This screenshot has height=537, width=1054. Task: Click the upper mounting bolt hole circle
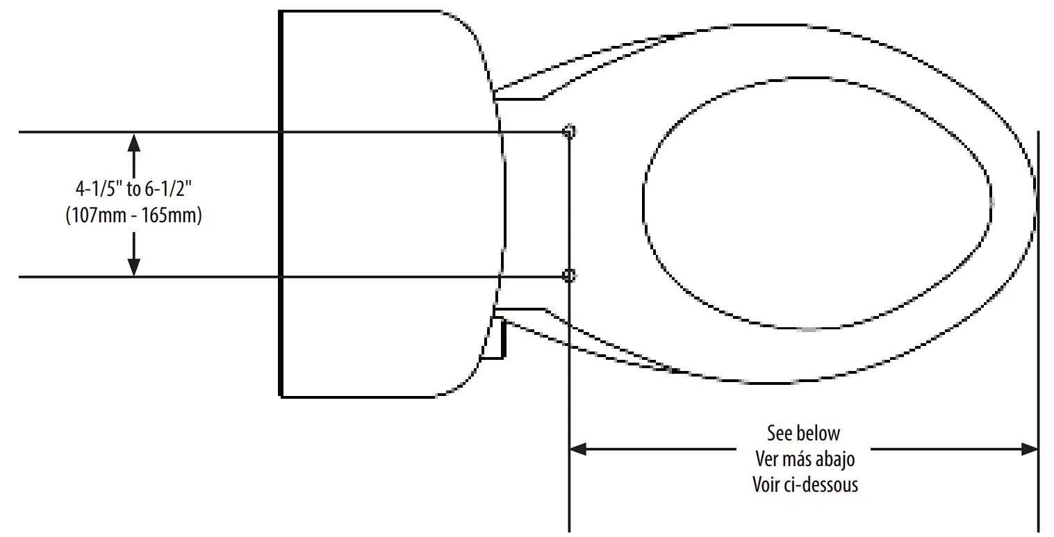point(568,131)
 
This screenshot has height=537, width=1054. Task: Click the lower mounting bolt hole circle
point(568,276)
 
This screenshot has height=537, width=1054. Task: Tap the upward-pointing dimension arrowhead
point(134,142)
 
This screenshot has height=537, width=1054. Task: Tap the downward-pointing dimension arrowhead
point(134,266)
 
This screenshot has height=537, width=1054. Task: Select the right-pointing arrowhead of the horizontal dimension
point(1029,449)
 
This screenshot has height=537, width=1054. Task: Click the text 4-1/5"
point(98,189)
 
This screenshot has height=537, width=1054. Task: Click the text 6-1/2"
point(169,189)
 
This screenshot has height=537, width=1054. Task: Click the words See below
point(804,433)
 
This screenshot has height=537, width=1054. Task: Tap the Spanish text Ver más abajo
point(805,458)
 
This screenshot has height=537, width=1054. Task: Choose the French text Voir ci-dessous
point(805,484)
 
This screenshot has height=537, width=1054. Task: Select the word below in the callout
point(821,433)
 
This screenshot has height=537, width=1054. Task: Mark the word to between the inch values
point(134,189)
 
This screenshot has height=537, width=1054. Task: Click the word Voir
point(767,484)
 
